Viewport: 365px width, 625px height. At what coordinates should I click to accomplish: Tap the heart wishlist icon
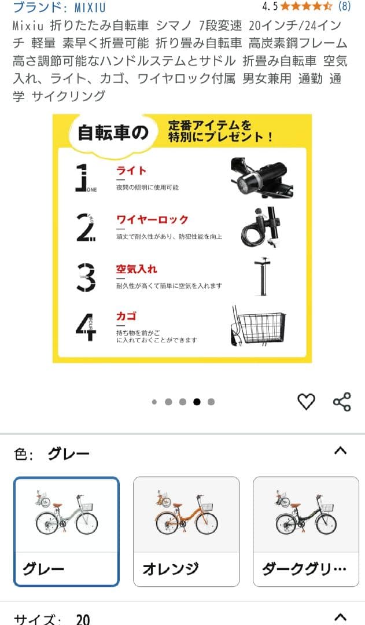pos(306,402)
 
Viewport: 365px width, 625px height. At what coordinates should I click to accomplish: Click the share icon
pos(342,402)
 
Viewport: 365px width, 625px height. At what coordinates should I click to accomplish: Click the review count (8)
pos(344,7)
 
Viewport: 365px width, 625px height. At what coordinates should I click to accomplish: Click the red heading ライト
pos(131,171)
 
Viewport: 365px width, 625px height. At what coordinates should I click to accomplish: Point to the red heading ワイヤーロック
pos(152,220)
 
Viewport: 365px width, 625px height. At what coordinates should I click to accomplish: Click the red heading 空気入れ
pos(137,270)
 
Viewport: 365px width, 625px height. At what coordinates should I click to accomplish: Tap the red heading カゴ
pos(126,317)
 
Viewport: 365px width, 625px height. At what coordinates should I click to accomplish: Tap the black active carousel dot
pos(197,402)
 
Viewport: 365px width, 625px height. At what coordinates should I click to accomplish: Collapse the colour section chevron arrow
pos(341,450)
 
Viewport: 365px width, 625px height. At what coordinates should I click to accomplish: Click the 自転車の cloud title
pos(113,134)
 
